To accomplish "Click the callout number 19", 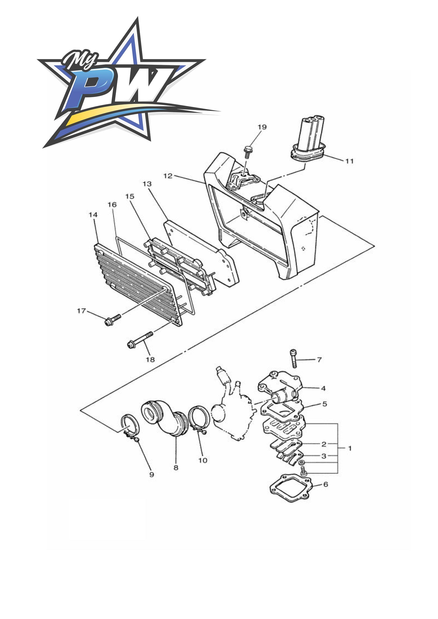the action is [x=262, y=127].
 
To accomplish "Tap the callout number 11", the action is [x=350, y=161].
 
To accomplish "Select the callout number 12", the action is [x=168, y=176].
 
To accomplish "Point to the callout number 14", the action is [x=93, y=215].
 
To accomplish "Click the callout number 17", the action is [x=81, y=311].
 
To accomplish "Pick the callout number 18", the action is [x=150, y=359].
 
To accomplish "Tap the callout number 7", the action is [x=319, y=360].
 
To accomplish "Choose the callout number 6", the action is [x=326, y=484].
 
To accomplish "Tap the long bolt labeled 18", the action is [x=140, y=339].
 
